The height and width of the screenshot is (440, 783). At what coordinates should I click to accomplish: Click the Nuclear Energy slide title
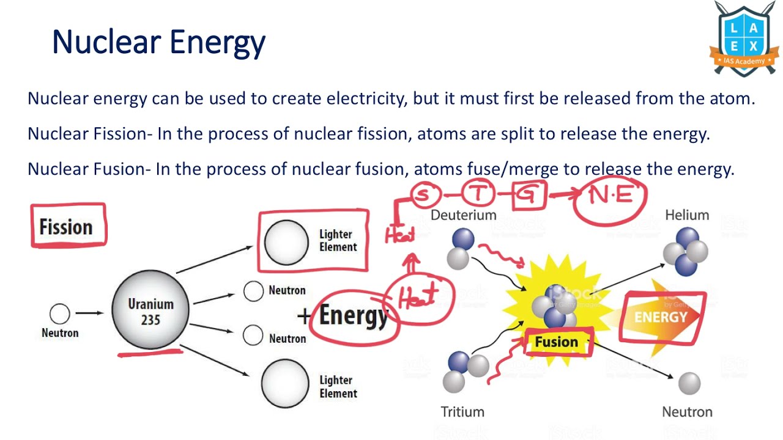[158, 42]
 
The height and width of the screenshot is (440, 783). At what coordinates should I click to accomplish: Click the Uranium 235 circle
[150, 310]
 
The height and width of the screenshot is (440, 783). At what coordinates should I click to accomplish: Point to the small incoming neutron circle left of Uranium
[59, 314]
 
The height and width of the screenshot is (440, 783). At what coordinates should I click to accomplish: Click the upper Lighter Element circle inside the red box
[286, 242]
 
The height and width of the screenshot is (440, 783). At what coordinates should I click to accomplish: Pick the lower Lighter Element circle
[285, 384]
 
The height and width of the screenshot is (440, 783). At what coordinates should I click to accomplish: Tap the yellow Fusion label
[556, 342]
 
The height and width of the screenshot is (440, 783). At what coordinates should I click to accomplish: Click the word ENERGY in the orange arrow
[661, 317]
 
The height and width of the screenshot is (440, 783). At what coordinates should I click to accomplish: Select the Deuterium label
[463, 215]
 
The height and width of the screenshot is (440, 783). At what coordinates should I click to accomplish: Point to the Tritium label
[462, 412]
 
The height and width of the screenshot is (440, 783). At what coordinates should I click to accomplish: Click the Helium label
[687, 215]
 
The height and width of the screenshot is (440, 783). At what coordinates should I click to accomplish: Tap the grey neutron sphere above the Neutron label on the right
[689, 383]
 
